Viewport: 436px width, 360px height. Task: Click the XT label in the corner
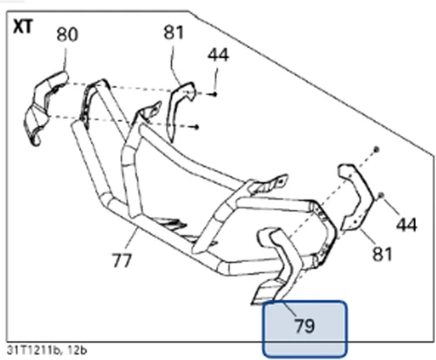[x=24, y=27]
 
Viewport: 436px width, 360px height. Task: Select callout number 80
[x=67, y=34]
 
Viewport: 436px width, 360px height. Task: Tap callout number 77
[x=122, y=261]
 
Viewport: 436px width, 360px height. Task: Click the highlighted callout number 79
[x=304, y=326]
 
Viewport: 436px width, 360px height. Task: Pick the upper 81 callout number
[x=174, y=32]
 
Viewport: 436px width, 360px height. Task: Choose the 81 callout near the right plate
[x=382, y=254]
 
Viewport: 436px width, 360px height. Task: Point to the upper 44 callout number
[x=218, y=55]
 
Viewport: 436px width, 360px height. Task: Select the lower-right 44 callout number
[x=406, y=224]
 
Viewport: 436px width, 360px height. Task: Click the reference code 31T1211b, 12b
[x=46, y=350]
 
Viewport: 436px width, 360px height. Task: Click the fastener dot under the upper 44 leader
[x=215, y=94]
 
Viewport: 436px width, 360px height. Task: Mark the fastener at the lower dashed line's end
[x=197, y=126]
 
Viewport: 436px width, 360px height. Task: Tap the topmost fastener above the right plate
[x=376, y=149]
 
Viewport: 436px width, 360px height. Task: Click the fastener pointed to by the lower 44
[x=381, y=195]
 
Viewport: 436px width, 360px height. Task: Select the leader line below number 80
[x=65, y=59]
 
